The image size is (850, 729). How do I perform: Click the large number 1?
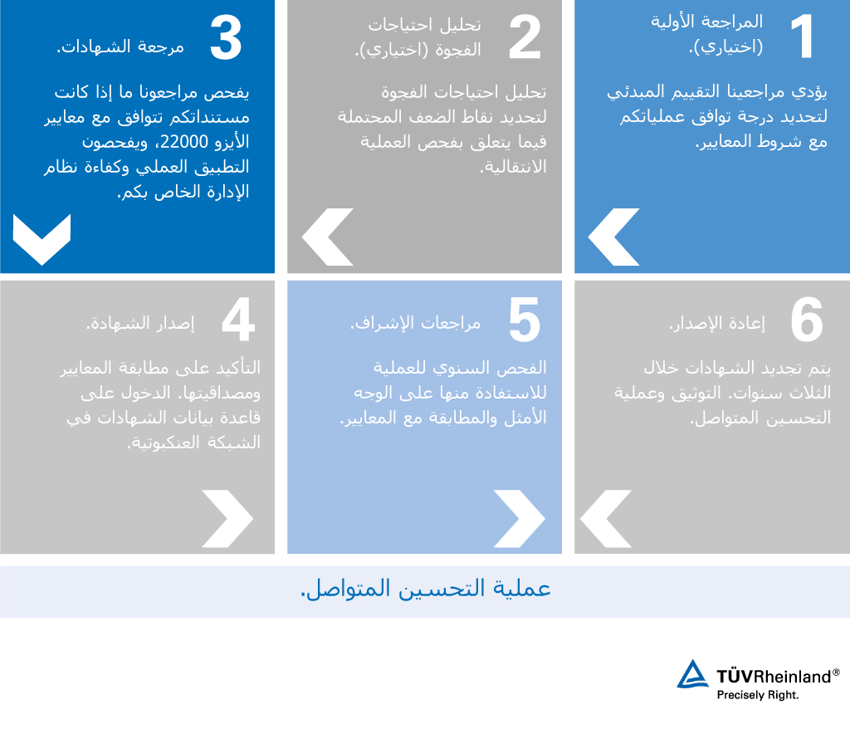(x=802, y=38)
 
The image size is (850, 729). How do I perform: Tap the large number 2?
(x=524, y=38)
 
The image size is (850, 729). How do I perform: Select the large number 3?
(x=225, y=38)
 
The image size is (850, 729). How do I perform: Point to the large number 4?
(x=237, y=321)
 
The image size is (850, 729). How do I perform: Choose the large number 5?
(x=524, y=321)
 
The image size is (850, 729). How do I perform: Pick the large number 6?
(x=806, y=321)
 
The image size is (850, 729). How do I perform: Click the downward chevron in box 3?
(x=42, y=239)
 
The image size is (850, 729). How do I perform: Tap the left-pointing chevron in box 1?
(x=613, y=237)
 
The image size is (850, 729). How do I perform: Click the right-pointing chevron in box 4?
(x=227, y=519)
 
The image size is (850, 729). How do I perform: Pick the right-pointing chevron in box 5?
(x=520, y=519)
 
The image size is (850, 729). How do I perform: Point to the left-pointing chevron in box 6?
(x=605, y=519)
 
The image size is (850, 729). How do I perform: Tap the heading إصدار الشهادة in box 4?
(x=140, y=324)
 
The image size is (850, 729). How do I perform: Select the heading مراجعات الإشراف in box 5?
(x=415, y=324)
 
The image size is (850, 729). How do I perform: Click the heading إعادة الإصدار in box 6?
(x=717, y=324)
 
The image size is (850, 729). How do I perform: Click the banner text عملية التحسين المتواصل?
(x=425, y=590)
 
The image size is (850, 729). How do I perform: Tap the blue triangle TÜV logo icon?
(x=691, y=675)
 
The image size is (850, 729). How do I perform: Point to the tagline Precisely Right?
(x=758, y=694)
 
